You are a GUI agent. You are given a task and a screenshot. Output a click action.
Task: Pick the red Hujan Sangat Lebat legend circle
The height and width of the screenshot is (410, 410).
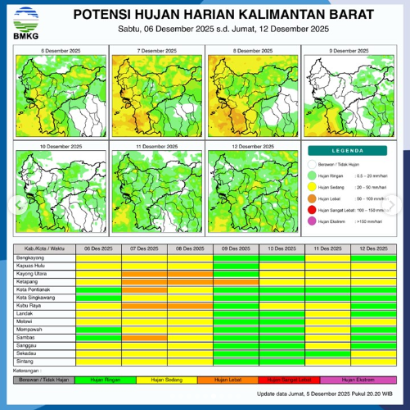point(313,210)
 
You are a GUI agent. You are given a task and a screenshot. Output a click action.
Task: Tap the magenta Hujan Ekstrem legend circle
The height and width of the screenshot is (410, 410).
point(313,221)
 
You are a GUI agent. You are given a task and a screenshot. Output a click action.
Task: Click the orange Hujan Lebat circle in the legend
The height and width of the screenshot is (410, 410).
point(313,198)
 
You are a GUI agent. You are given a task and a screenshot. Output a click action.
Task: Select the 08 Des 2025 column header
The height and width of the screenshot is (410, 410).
point(190,248)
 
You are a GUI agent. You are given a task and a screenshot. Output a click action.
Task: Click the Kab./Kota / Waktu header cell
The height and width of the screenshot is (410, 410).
point(45,248)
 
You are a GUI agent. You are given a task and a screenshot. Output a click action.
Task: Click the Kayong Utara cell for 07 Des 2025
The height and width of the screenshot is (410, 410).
point(144,273)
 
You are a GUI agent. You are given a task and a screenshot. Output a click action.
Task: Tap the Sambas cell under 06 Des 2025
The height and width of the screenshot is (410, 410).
point(98,336)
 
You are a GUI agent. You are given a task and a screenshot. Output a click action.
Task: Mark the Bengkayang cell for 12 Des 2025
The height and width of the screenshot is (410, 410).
point(372,257)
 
